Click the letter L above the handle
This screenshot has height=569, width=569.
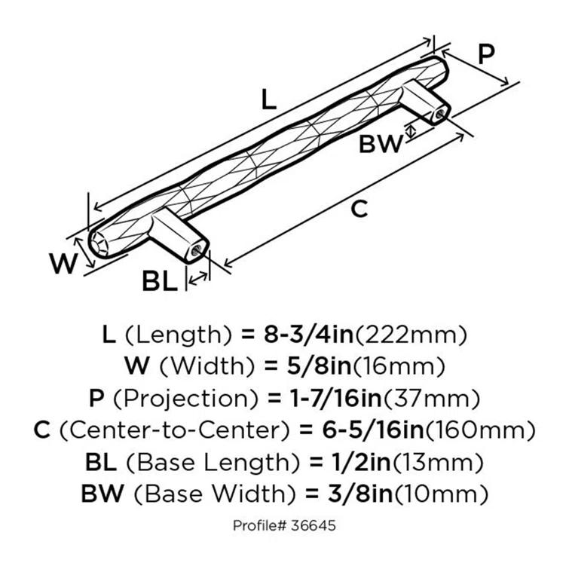click(268, 99)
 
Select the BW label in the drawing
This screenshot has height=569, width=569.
click(381, 143)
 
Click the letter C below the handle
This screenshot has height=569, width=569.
click(360, 209)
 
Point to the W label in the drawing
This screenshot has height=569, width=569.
click(63, 264)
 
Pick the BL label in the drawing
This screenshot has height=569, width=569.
click(159, 281)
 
